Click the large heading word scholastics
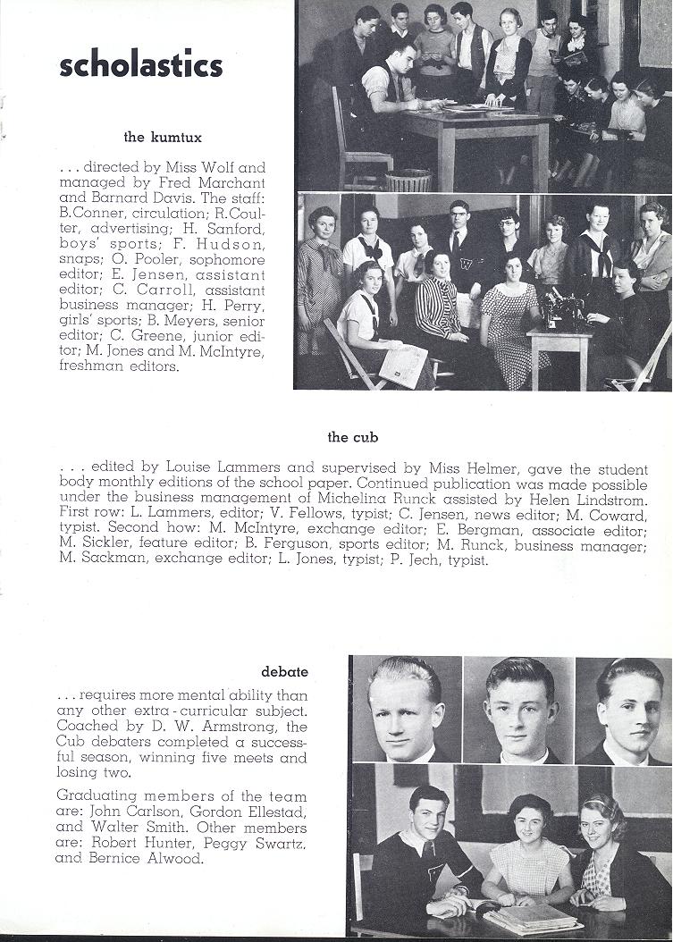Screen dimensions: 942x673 (140, 65)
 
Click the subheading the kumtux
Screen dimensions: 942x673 (160, 137)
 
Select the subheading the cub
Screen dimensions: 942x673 (352, 437)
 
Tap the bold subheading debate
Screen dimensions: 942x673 (284, 670)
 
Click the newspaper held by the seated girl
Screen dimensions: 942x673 (403, 363)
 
